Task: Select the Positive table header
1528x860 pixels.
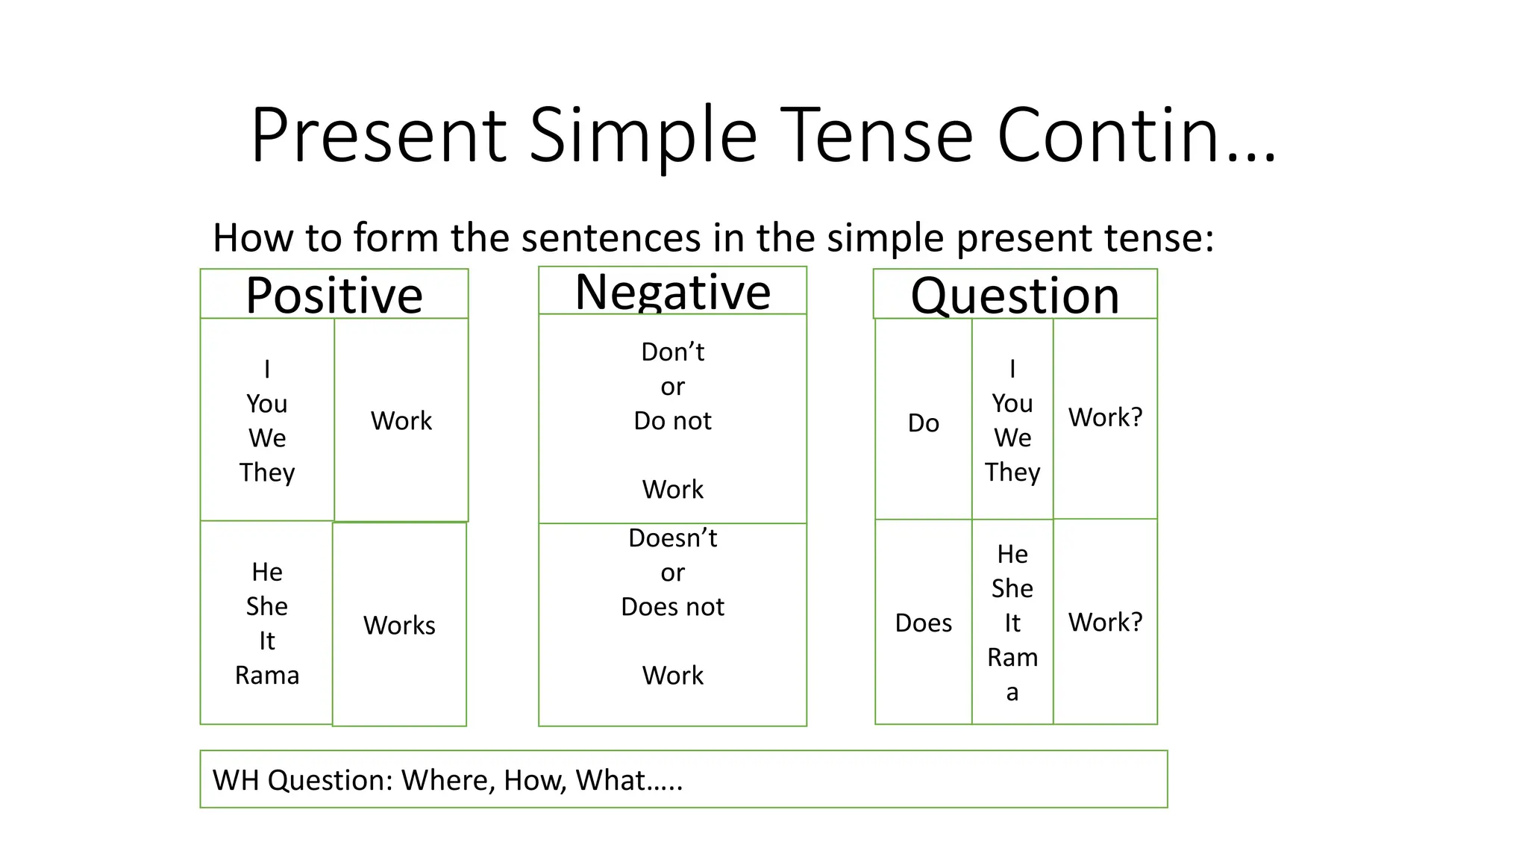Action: point(334,295)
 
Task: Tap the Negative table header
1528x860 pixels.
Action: point(672,292)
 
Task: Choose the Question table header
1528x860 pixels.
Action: point(1015,296)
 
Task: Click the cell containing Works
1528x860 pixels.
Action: point(399,625)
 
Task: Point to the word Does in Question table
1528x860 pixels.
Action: point(923,623)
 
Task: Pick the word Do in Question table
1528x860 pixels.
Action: point(923,423)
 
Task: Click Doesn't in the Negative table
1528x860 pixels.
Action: point(672,537)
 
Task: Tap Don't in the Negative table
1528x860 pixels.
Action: point(672,352)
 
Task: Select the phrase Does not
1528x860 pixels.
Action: point(672,607)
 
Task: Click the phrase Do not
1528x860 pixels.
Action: point(672,421)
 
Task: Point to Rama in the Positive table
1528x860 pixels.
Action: point(267,675)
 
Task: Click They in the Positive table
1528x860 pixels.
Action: point(267,472)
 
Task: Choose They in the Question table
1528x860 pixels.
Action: point(1012,472)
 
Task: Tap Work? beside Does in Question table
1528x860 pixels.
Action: point(1105,622)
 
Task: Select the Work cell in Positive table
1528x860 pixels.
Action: point(401,420)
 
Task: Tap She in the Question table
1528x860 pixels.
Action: point(1012,588)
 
